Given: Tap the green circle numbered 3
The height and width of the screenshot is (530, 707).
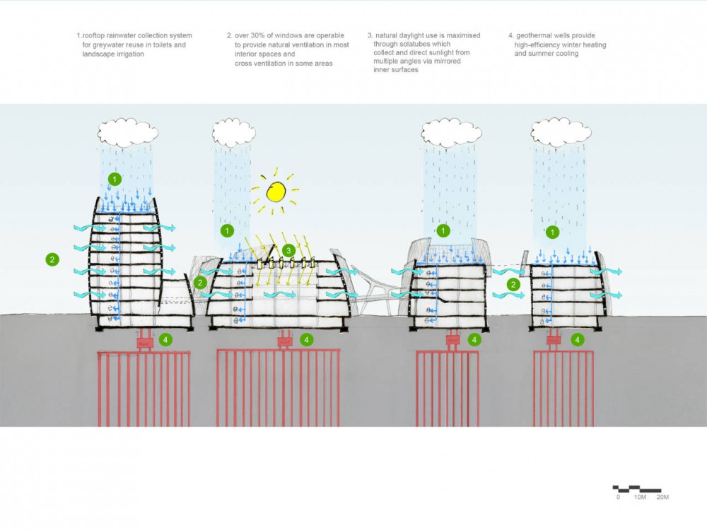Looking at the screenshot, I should pos(288,250).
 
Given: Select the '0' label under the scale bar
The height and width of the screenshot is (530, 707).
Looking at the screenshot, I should pos(619,497).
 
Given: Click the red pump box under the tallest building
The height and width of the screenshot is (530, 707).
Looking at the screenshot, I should pos(145,343).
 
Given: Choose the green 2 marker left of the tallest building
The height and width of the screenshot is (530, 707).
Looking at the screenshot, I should pos(52,259).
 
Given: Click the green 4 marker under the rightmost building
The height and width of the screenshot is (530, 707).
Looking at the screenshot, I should pos(578,340).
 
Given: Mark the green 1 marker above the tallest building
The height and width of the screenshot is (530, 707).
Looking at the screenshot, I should pos(116,179).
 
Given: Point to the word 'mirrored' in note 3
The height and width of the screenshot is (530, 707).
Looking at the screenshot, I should pos(444,61).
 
